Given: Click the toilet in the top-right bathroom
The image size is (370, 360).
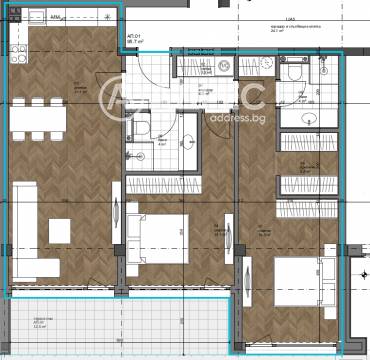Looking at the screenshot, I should (289, 73).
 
